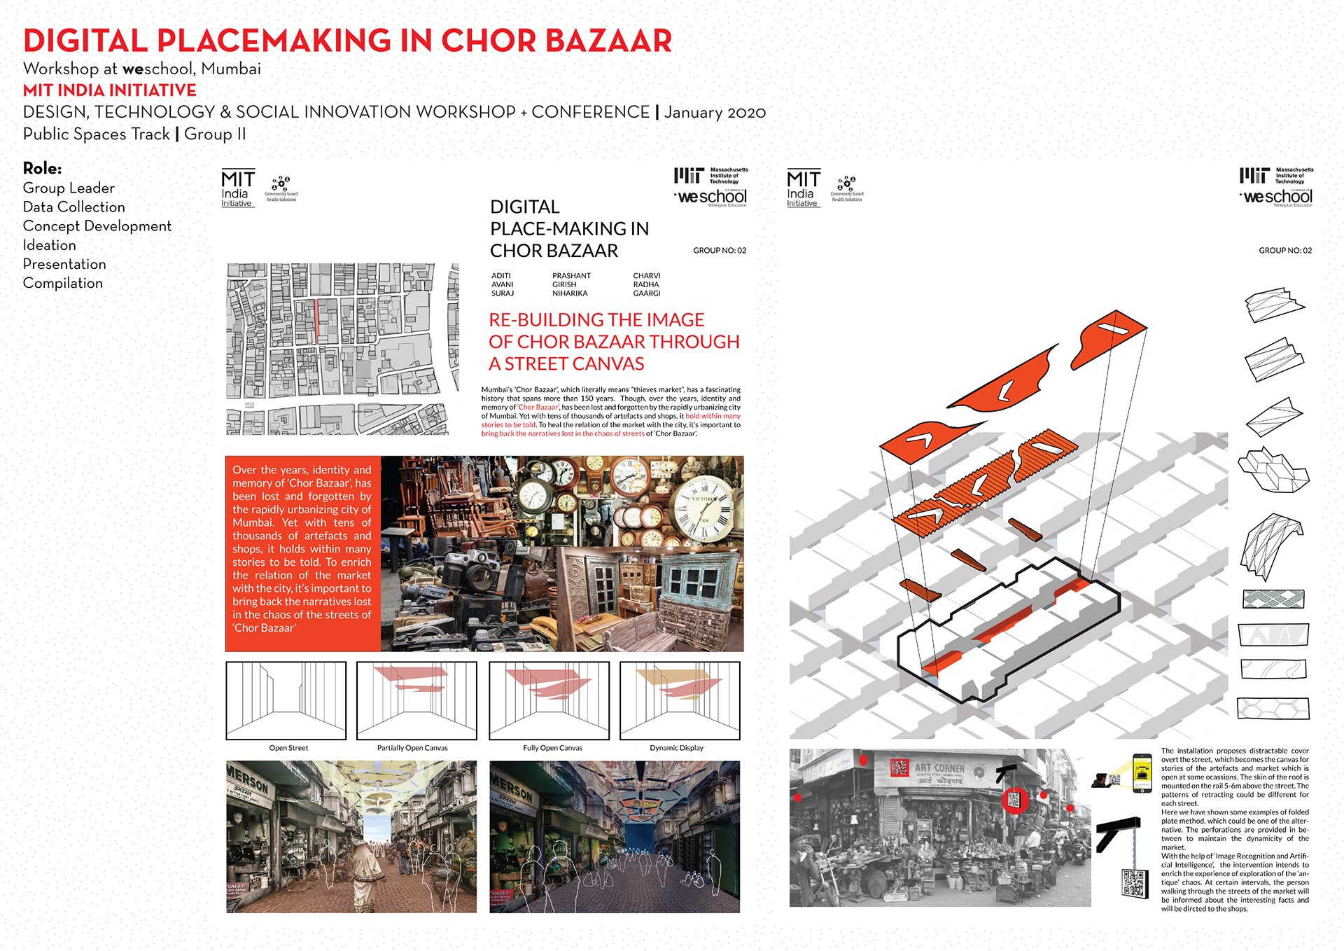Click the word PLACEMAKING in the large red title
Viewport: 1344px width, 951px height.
(273, 41)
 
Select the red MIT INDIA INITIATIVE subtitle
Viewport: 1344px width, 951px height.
(110, 90)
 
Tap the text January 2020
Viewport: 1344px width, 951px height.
(715, 113)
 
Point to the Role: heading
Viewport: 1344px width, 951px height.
(42, 168)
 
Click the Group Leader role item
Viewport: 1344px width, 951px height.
(69, 188)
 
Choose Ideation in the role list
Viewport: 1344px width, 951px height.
(49, 245)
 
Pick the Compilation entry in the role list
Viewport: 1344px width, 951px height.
(63, 283)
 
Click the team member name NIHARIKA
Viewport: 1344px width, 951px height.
(570, 293)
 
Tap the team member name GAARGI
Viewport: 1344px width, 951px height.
(646, 293)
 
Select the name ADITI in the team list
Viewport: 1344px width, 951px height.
(500, 276)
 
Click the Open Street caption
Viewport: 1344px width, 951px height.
(288, 748)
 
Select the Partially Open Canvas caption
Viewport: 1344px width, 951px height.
(412, 748)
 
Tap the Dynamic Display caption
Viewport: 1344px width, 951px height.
(676, 748)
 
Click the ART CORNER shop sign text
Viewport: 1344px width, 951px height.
(939, 768)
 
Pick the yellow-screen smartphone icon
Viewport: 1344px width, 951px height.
(1142, 773)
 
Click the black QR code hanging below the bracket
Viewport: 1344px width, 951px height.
(1135, 882)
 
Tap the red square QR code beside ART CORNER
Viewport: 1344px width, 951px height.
(899, 768)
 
